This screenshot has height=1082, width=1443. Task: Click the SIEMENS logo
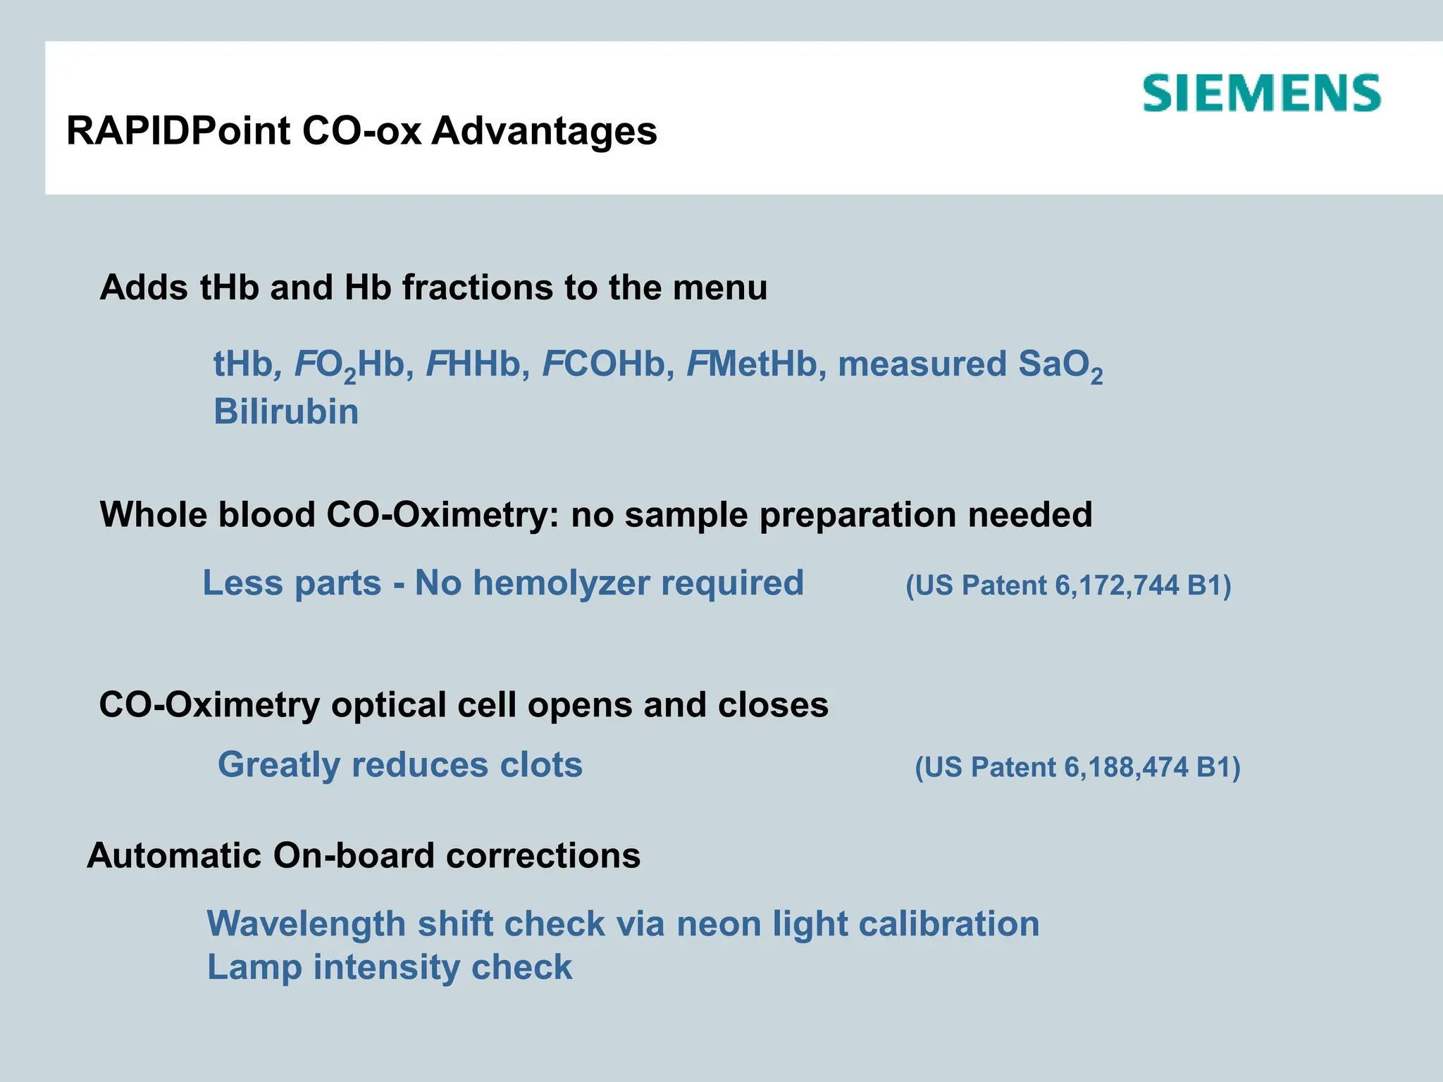(x=1261, y=94)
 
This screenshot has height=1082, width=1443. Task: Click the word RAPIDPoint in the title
(x=178, y=131)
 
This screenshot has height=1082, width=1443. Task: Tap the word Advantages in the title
(x=544, y=131)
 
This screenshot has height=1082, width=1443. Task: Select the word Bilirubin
(x=286, y=411)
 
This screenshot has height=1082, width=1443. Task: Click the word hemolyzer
(x=561, y=584)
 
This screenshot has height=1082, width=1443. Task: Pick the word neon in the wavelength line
(x=719, y=924)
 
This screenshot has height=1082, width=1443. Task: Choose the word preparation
(x=857, y=515)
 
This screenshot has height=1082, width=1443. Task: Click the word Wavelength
(x=306, y=924)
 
